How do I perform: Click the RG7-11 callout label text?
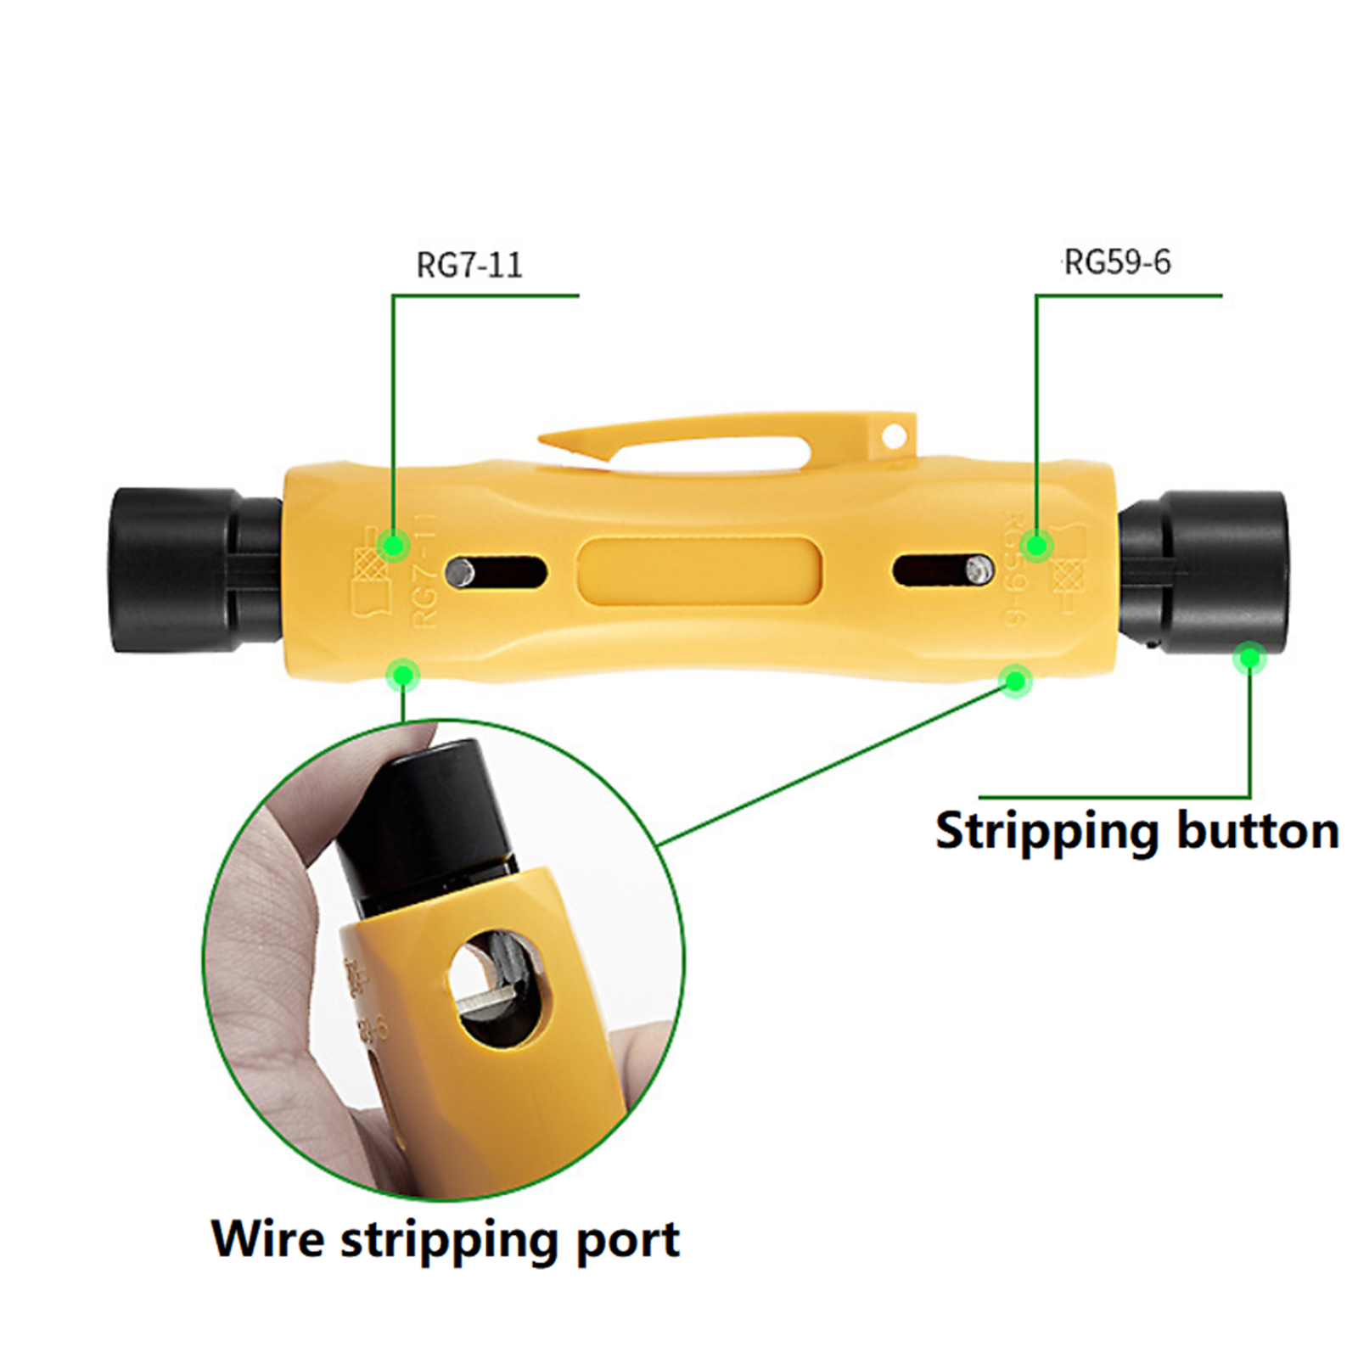(469, 265)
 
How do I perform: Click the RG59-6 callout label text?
(1117, 262)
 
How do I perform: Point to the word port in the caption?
(627, 1241)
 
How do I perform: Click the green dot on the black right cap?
(1249, 657)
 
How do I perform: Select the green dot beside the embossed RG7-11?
(393, 544)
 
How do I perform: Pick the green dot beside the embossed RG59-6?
(1035, 544)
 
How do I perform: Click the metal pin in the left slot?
(462, 571)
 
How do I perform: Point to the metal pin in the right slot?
(979, 569)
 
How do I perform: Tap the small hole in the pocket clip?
(893, 436)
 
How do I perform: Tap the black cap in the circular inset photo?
(433, 815)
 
